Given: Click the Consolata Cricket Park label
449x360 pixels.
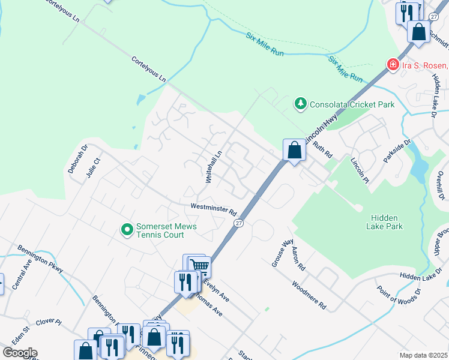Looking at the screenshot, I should (x=352, y=104).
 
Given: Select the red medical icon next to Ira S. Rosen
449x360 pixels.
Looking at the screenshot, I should (x=393, y=64).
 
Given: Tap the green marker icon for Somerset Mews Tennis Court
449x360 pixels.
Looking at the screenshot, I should (x=127, y=230).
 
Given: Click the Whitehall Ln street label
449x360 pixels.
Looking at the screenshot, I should (x=214, y=167).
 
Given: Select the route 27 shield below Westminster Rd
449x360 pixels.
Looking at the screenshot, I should (x=238, y=223).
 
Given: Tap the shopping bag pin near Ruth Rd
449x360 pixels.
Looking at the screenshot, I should (x=294, y=150).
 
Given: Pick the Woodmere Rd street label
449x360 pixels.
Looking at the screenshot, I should (x=309, y=295).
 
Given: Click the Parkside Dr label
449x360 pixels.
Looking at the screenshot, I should (x=397, y=151).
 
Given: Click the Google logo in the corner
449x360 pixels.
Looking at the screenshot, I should (x=20, y=353).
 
